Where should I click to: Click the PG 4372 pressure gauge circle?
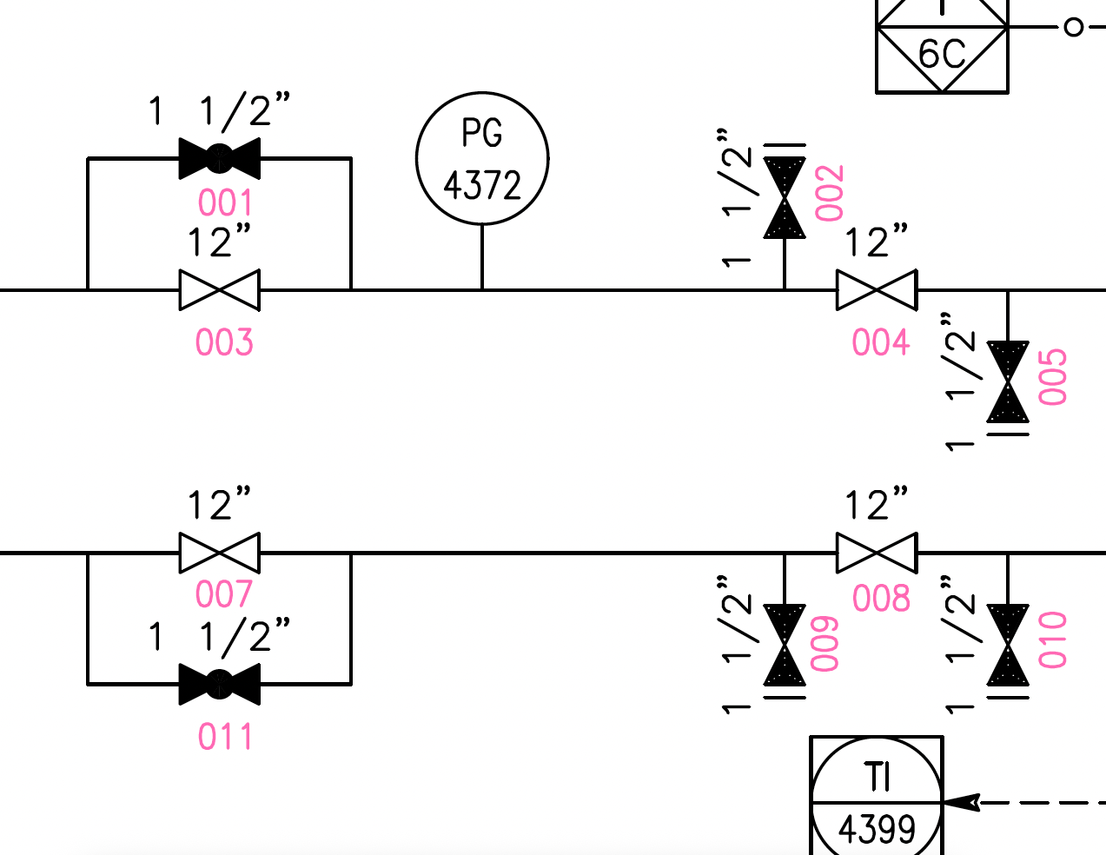[x=482, y=158]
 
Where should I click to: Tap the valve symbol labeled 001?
[x=219, y=158]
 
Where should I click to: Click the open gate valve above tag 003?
[x=219, y=289]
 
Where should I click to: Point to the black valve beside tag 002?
[x=785, y=196]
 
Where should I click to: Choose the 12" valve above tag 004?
[x=877, y=289]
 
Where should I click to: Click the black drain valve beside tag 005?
[x=1008, y=382]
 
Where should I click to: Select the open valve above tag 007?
[x=219, y=553]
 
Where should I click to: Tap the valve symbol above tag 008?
[x=877, y=553]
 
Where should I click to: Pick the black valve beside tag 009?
[x=785, y=646]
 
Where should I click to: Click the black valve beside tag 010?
[x=1008, y=646]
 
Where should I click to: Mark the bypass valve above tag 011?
[x=219, y=684]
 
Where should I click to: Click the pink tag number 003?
[x=224, y=343]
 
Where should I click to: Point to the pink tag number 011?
[x=224, y=738]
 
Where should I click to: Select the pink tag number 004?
[x=881, y=343]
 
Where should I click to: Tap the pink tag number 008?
[x=881, y=600]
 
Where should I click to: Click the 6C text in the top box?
[x=942, y=55]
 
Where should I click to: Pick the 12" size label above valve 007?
[x=219, y=505]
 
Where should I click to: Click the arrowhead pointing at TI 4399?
[x=963, y=802]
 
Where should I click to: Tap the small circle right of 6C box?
[x=1074, y=27]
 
